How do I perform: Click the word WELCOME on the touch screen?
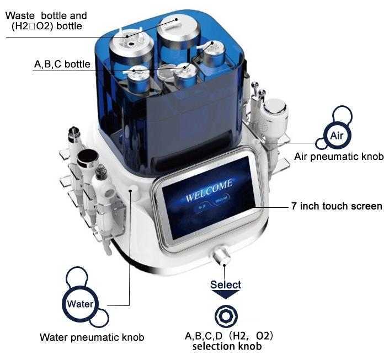(x=209, y=190)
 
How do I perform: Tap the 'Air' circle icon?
(x=337, y=136)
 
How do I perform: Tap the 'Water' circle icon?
(x=80, y=303)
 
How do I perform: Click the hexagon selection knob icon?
(x=226, y=316)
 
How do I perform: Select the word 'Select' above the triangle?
(x=226, y=284)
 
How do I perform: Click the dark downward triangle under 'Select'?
(x=226, y=294)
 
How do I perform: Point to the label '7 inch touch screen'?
(x=337, y=206)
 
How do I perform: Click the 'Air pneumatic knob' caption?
(x=339, y=157)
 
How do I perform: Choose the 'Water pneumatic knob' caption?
(x=92, y=337)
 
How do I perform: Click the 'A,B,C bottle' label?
(x=62, y=64)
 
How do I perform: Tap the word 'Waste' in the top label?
(x=20, y=15)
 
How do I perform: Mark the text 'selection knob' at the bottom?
(x=227, y=346)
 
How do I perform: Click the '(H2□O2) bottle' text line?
(x=47, y=26)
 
